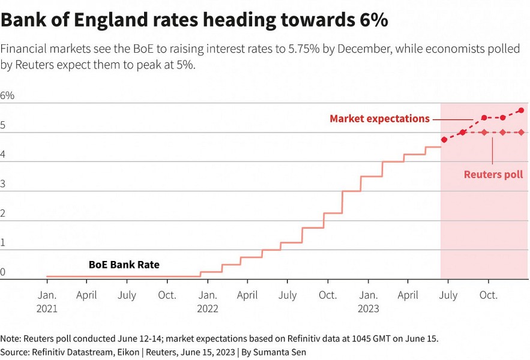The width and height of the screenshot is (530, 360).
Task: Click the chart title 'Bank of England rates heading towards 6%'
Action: click(x=194, y=20)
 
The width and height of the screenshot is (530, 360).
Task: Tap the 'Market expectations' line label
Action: click(x=379, y=119)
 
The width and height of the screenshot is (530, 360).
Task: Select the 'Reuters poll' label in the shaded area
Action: click(x=493, y=175)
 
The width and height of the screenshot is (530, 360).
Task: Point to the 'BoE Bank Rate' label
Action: click(x=124, y=265)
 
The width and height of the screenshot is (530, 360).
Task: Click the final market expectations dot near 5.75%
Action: click(x=520, y=110)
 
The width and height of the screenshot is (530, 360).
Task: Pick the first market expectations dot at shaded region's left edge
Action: click(x=444, y=140)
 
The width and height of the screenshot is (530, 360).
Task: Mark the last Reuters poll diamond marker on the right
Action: click(x=520, y=133)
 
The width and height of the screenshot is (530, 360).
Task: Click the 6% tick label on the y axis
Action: click(x=7, y=96)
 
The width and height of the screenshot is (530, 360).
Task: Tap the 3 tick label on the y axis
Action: click(x=3, y=184)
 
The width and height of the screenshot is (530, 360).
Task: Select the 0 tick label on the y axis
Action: click(x=3, y=272)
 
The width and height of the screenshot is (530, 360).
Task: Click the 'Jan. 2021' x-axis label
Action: click(x=47, y=302)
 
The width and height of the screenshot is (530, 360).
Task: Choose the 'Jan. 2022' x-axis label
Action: click(x=208, y=302)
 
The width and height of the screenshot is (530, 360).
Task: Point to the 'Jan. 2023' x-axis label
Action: click(x=368, y=302)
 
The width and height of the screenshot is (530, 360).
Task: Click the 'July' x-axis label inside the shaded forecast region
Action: click(x=448, y=295)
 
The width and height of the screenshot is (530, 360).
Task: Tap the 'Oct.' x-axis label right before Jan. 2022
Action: click(x=167, y=295)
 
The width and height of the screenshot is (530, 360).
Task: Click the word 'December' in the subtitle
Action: click(x=360, y=49)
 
